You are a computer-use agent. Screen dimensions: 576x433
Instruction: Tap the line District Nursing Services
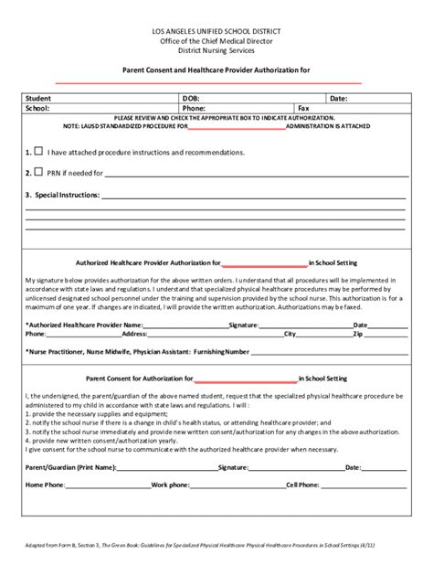(216, 50)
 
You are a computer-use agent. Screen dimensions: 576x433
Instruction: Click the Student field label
(38, 98)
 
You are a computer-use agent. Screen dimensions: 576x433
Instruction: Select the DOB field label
(191, 98)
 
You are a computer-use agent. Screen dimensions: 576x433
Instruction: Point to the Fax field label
(303, 108)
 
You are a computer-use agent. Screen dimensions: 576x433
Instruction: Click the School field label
(37, 108)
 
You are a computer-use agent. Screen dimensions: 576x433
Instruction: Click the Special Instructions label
(61, 195)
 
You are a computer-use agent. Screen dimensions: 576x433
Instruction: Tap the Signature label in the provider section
(244, 325)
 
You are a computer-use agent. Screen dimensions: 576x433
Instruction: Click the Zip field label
(358, 335)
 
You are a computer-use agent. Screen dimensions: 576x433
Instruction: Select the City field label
(290, 335)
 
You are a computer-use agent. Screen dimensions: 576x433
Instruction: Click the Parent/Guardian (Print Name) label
(71, 467)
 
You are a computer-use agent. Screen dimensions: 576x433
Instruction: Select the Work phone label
(171, 485)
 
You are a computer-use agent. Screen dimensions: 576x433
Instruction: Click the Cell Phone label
(302, 485)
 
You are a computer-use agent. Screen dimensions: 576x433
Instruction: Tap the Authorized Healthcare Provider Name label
(84, 325)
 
